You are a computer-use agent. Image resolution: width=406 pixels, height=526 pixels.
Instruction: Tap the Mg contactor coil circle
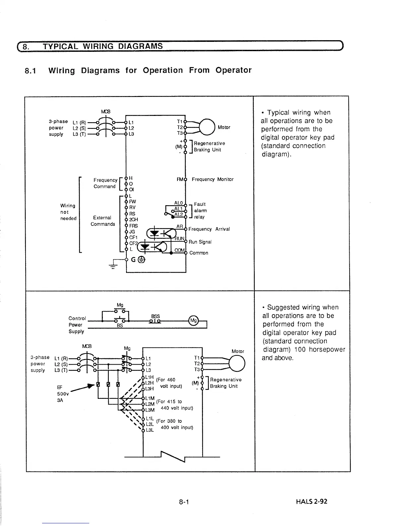pyautogui.click(x=193, y=321)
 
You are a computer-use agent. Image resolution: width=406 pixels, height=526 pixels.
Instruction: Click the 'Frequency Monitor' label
pyautogui.click(x=212, y=179)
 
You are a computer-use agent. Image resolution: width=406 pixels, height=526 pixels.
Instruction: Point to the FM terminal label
pyautogui.click(x=180, y=179)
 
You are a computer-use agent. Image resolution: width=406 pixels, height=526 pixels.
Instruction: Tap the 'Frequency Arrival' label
pyautogui.click(x=209, y=229)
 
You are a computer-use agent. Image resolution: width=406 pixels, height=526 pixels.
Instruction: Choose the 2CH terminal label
pyautogui.click(x=133, y=219)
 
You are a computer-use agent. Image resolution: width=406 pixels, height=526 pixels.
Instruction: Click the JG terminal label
pyautogui.click(x=132, y=231)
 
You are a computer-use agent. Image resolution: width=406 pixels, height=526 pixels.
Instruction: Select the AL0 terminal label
pyautogui.click(x=178, y=203)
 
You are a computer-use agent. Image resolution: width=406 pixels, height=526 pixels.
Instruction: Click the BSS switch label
pyautogui.click(x=155, y=316)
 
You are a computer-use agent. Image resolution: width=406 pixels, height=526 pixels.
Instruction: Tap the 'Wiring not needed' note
pyautogui.click(x=68, y=212)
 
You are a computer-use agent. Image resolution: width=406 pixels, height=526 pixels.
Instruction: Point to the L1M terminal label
pyautogui.click(x=150, y=398)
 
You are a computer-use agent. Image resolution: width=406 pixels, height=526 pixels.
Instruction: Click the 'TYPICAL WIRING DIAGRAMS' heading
pyautogui.click(x=103, y=46)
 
